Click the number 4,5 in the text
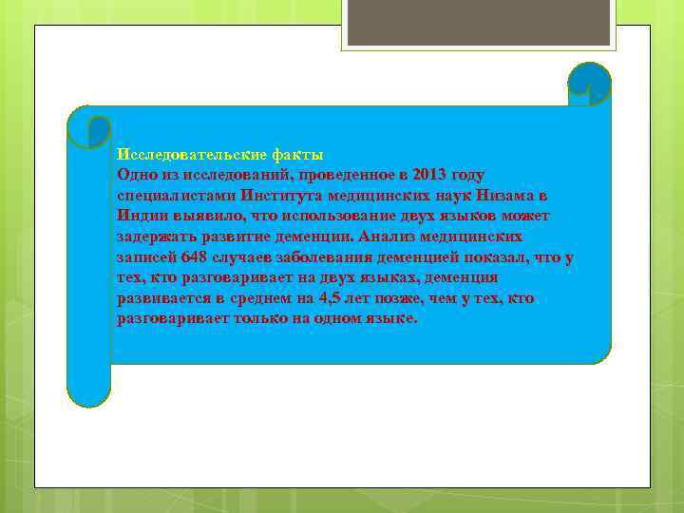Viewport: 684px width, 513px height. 336,298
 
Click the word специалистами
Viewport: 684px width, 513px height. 175,196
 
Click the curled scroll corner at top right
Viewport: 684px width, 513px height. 588,83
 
